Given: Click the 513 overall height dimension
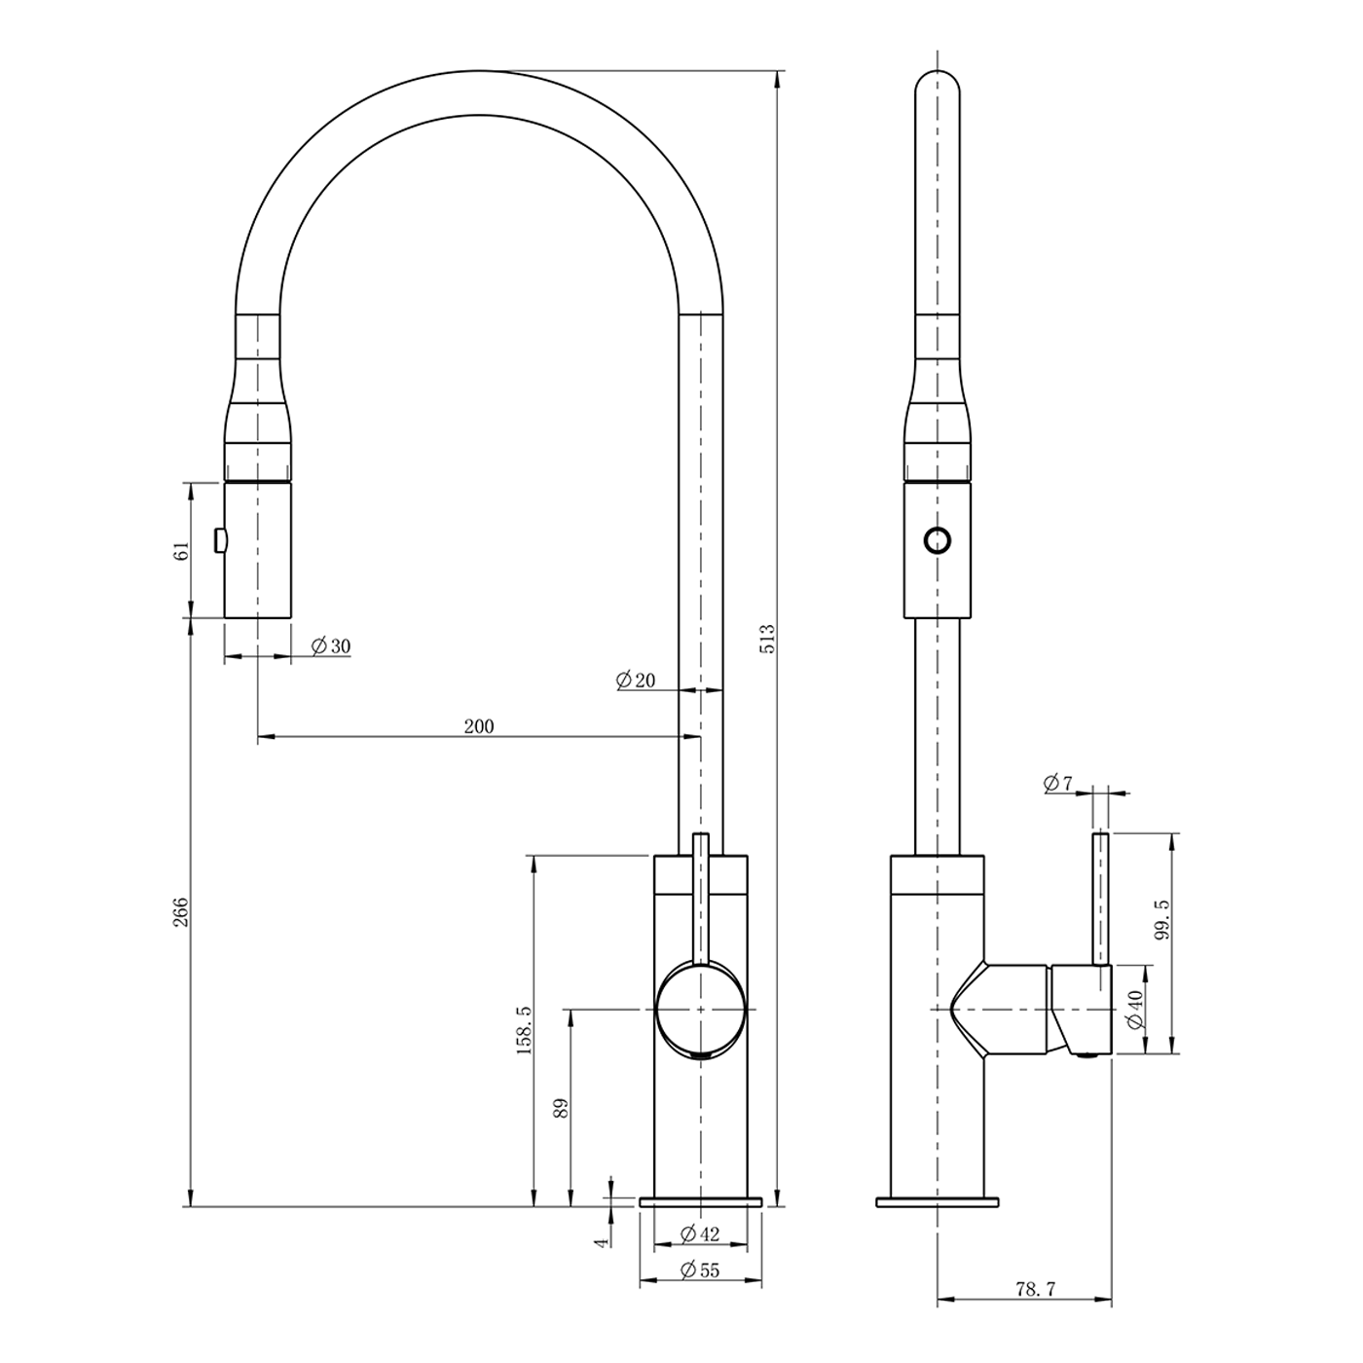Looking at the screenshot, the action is pyautogui.click(x=769, y=638).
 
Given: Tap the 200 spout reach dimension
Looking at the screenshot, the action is pyautogui.click(x=479, y=726).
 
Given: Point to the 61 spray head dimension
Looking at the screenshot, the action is pyautogui.click(x=182, y=551).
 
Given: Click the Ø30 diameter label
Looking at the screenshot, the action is pyautogui.click(x=331, y=645).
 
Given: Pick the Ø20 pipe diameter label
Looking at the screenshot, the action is pyautogui.click(x=636, y=681).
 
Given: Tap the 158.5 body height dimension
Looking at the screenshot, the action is pyautogui.click(x=525, y=1030).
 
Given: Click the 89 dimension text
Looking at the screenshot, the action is pyautogui.click(x=561, y=1108).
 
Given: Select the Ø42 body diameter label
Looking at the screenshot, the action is pyautogui.click(x=700, y=1234).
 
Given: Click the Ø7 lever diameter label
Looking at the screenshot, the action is pyautogui.click(x=1058, y=783).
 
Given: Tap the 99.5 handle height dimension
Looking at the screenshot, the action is pyautogui.click(x=1161, y=919).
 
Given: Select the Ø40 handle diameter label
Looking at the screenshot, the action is pyautogui.click(x=1135, y=1010).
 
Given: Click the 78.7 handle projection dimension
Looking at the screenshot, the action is pyautogui.click(x=1036, y=1309).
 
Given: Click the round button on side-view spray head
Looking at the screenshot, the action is pyautogui.click(x=938, y=541).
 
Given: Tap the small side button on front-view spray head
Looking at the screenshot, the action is pyautogui.click(x=220, y=541).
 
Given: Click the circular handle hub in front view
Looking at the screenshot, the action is pyautogui.click(x=700, y=1010).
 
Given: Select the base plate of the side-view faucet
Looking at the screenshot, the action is pyautogui.click(x=938, y=1201).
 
